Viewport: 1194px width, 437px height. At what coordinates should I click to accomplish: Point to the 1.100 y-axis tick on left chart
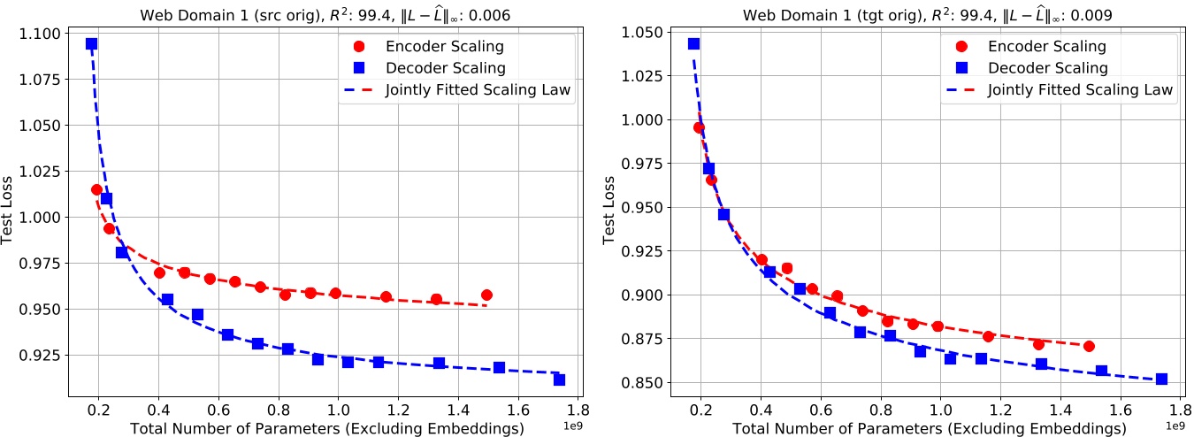point(42,34)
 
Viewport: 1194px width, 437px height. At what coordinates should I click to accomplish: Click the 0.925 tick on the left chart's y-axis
point(42,356)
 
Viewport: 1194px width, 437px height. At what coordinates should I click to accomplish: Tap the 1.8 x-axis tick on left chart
point(578,410)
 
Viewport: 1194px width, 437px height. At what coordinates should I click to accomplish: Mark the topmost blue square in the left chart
point(91,43)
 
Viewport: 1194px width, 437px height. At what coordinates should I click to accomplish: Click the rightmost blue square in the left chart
point(559,379)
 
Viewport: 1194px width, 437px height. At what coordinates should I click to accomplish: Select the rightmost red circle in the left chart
point(486,295)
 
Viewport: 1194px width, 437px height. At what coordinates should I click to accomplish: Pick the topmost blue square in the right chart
point(694,43)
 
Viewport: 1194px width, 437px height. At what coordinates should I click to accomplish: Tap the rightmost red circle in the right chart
point(1089,346)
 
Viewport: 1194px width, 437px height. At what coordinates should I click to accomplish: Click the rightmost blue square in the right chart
point(1161,379)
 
